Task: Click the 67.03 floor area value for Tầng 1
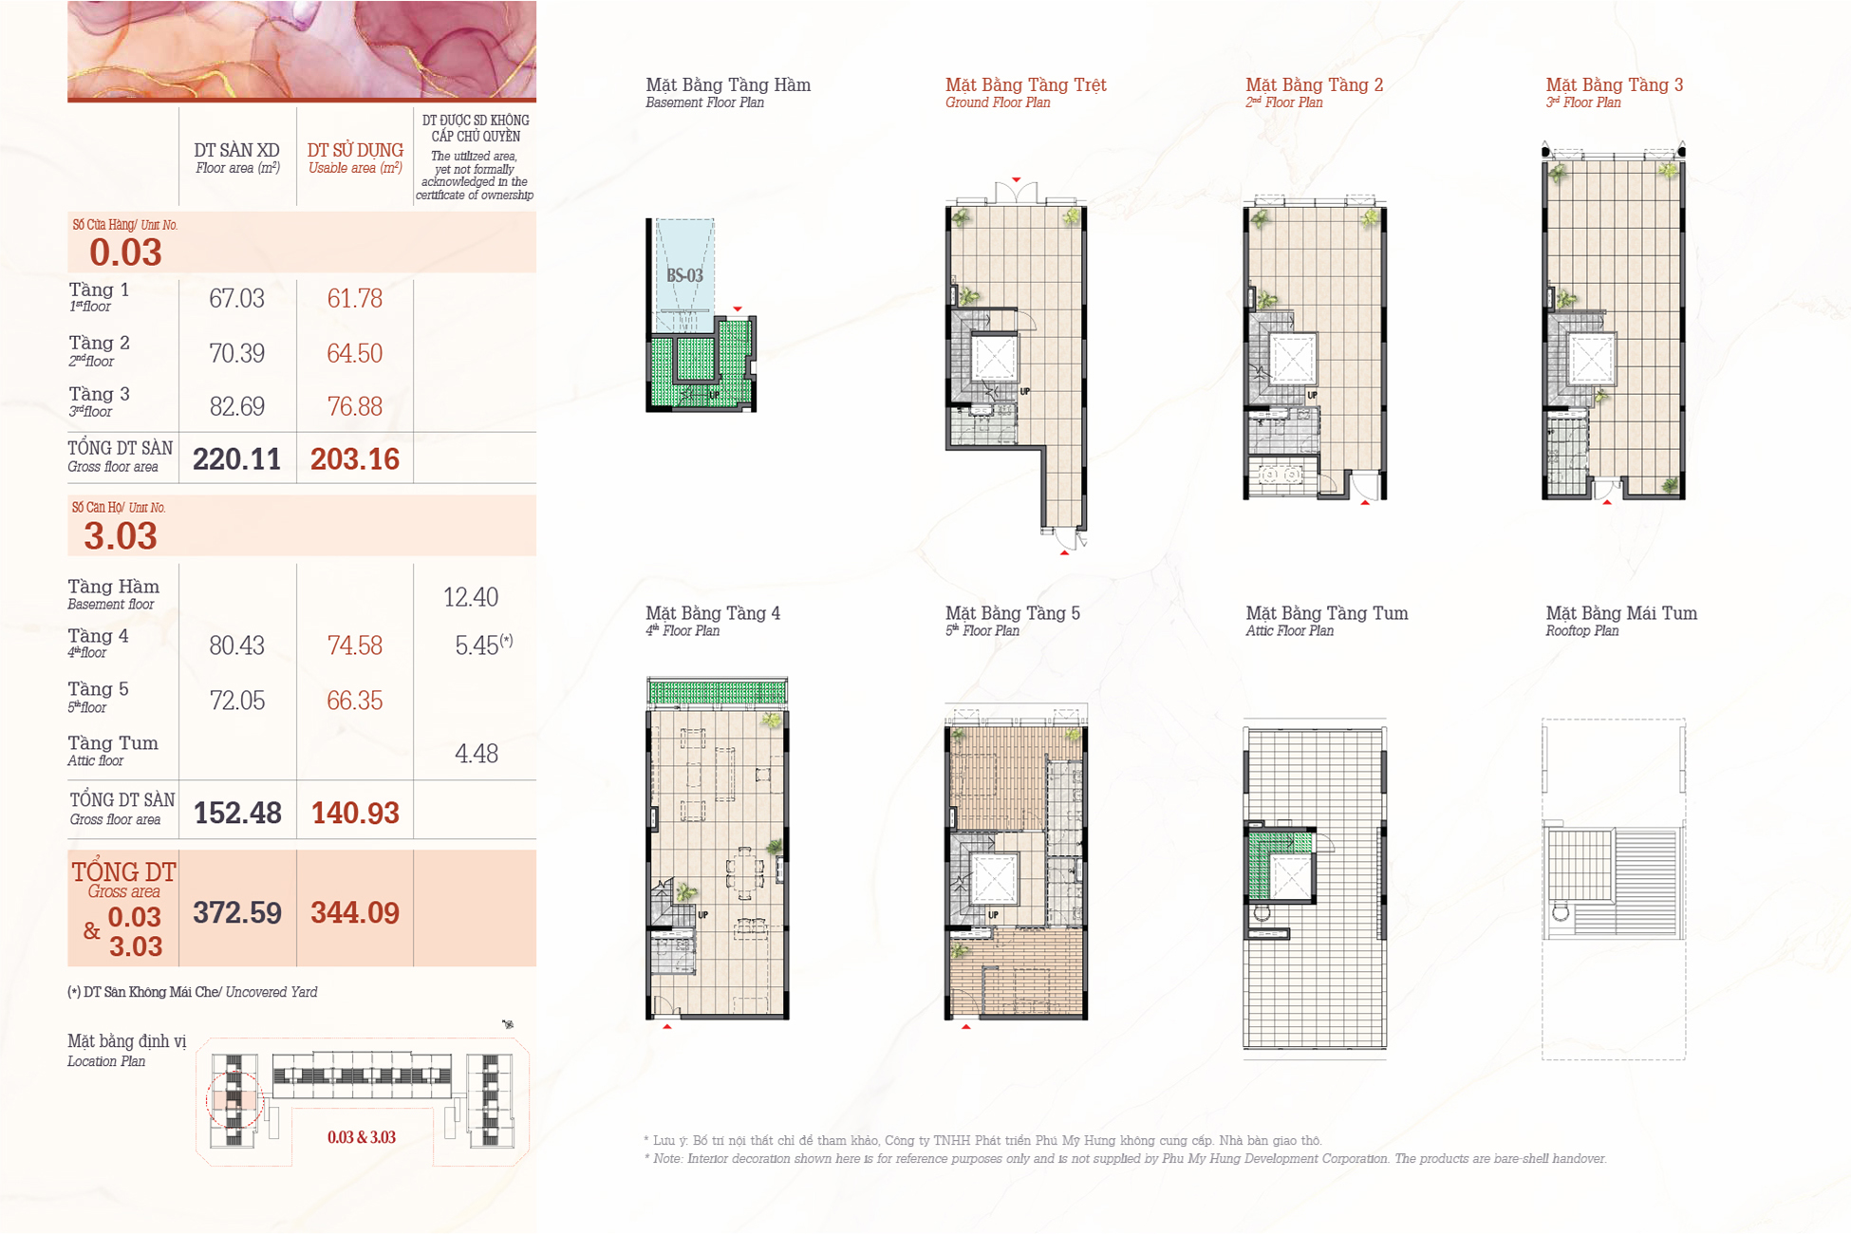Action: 236,299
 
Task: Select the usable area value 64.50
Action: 354,353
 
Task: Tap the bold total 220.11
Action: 236,459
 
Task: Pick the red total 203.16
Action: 355,459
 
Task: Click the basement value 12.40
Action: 471,597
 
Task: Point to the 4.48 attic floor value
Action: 476,754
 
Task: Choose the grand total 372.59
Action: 237,913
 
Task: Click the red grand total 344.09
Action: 355,913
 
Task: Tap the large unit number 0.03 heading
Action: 125,252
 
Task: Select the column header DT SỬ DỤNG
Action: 355,150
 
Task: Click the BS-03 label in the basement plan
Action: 684,276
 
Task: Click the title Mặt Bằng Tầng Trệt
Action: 1025,85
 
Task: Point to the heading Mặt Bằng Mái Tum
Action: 1621,613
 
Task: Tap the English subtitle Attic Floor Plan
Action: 1289,631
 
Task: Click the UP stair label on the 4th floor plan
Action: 703,915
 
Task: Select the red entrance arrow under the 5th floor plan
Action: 966,1026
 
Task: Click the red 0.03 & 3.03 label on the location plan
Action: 362,1137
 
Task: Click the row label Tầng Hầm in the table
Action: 114,587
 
